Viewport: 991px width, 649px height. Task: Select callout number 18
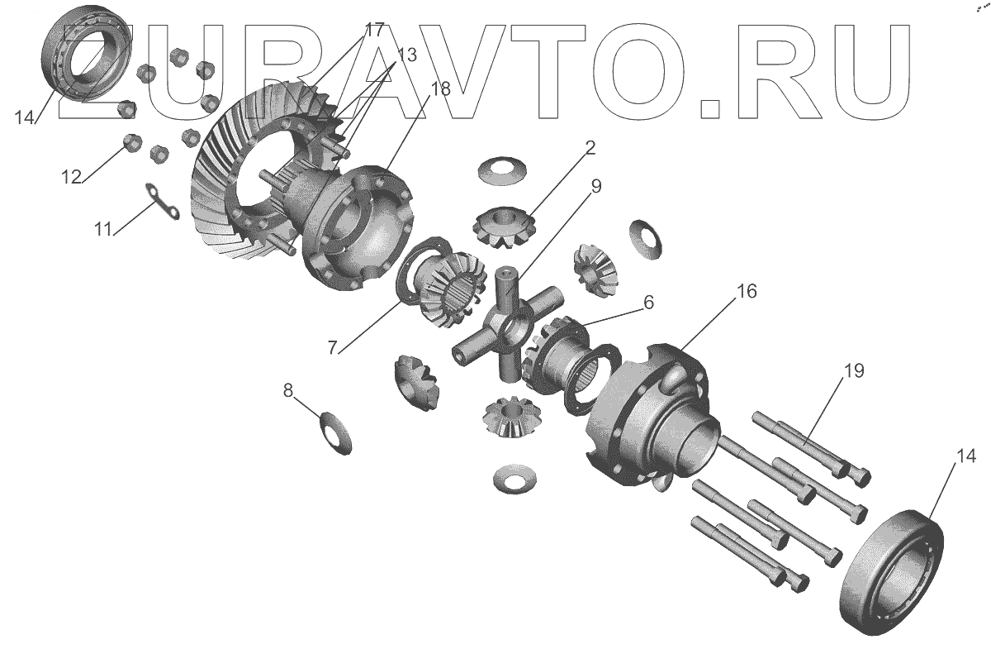click(x=440, y=89)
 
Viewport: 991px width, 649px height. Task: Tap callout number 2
click(x=590, y=149)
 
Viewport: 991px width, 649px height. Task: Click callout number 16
click(x=747, y=292)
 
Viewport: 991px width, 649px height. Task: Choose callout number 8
click(x=288, y=390)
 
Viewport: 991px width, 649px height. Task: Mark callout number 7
click(x=332, y=348)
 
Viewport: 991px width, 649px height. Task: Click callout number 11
click(x=102, y=229)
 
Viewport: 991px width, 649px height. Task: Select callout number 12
click(x=70, y=176)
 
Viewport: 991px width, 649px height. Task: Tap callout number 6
click(x=648, y=303)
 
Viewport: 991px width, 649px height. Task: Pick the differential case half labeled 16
click(x=652, y=413)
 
